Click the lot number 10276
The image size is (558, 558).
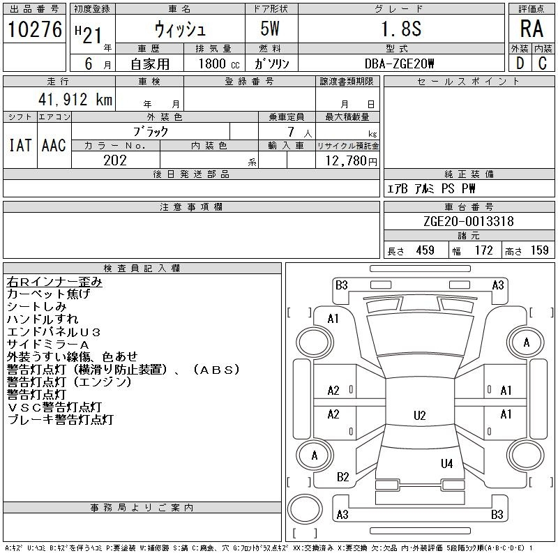(x=35, y=29)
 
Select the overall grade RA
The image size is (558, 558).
(x=531, y=29)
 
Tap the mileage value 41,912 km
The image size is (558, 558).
(x=75, y=99)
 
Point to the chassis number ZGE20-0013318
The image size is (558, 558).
(x=469, y=221)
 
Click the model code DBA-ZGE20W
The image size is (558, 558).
(x=399, y=63)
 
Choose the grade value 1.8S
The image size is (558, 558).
(x=402, y=29)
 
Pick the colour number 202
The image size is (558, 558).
(x=115, y=160)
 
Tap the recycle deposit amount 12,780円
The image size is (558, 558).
(x=352, y=161)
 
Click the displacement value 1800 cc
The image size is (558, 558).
(x=219, y=63)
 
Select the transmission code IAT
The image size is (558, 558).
(x=20, y=145)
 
